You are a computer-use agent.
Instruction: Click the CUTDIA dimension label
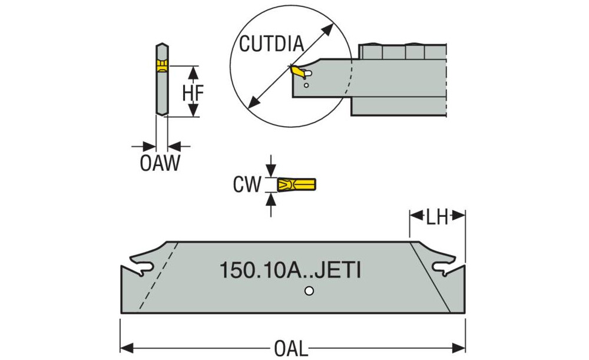[272, 44]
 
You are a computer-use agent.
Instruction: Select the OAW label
[160, 163]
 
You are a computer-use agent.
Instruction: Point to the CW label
[246, 185]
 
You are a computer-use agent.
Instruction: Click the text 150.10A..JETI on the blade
[290, 270]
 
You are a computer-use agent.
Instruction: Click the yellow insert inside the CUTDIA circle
[298, 72]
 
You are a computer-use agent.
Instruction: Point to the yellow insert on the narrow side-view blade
[161, 65]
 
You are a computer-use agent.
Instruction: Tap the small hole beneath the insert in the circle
[306, 86]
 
